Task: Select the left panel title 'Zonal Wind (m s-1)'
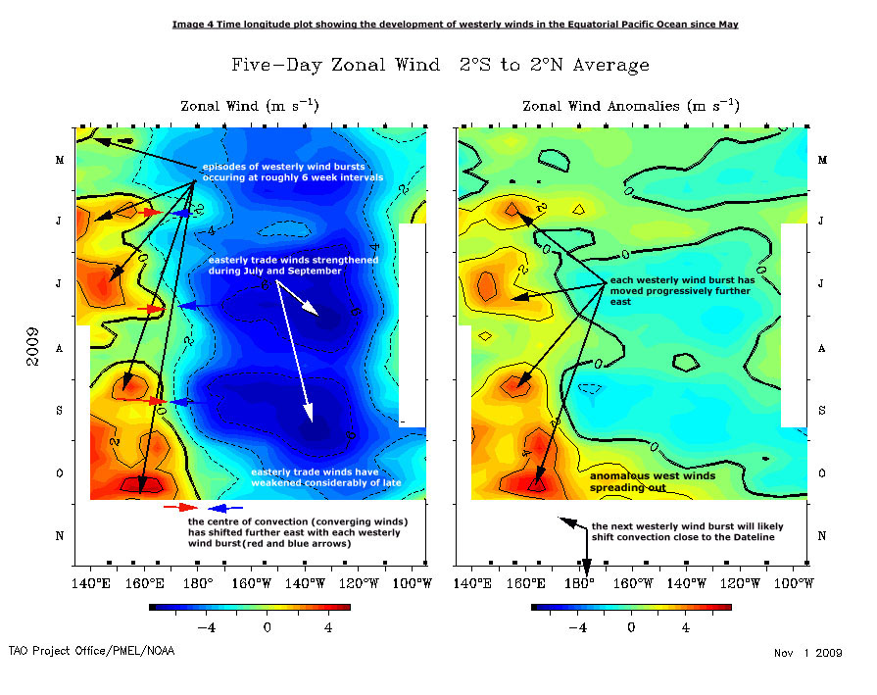pyautogui.click(x=249, y=106)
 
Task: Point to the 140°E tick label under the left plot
pyautogui.click(x=91, y=585)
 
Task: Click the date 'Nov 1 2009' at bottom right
pyautogui.click(x=807, y=652)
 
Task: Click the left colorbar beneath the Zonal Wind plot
pyautogui.click(x=249, y=608)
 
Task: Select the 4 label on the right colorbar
pyautogui.click(x=685, y=626)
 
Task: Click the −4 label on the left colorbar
pyautogui.click(x=206, y=626)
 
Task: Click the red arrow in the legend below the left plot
pyautogui.click(x=181, y=508)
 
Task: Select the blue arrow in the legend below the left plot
pyautogui.click(x=225, y=508)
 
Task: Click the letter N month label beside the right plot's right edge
pyautogui.click(x=822, y=536)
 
